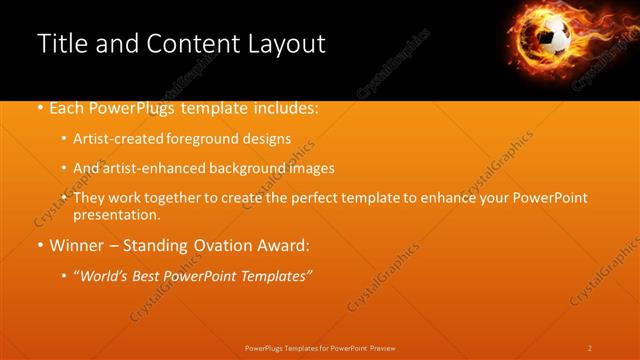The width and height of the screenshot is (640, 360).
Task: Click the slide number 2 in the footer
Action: coord(590,348)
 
